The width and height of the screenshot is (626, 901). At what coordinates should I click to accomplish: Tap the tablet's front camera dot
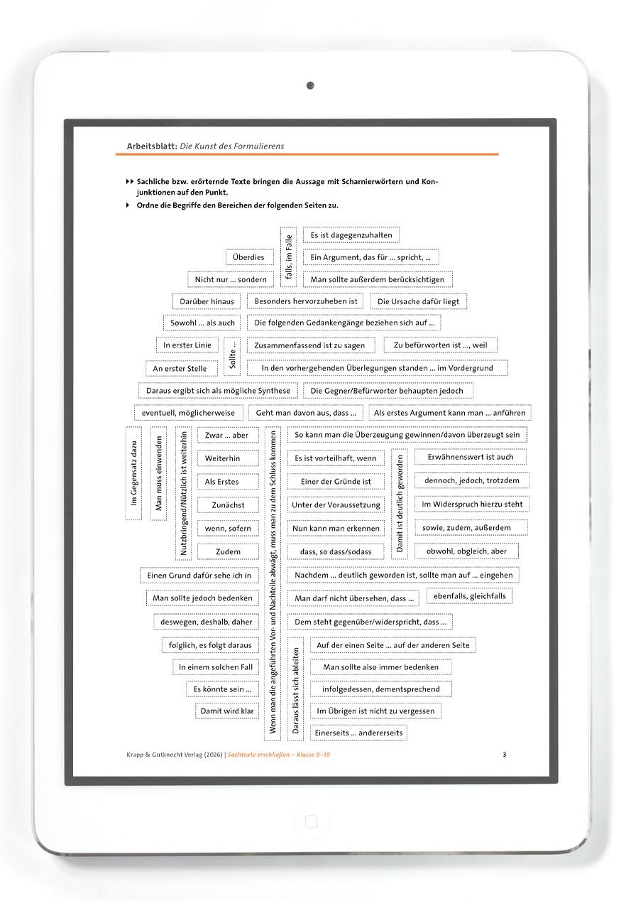coord(310,86)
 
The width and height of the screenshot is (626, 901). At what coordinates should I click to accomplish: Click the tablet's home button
coord(310,822)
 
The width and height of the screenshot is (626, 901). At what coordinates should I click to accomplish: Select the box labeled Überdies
coord(248,257)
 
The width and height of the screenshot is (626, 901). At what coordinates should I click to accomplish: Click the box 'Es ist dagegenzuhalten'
coord(351,235)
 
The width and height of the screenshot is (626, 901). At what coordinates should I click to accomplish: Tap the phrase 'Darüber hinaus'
coord(207,301)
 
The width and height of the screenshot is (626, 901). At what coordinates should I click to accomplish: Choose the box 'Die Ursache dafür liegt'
coord(418,301)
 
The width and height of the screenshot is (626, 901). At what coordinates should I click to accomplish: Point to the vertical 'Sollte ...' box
coord(233,356)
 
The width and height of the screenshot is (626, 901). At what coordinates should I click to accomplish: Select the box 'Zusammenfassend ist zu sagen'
coord(309,345)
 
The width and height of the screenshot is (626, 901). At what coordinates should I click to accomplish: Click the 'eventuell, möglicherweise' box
coord(188,413)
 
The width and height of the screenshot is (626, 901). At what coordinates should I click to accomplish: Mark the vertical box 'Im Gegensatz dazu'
coord(133,473)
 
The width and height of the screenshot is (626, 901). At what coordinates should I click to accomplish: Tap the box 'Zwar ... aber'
coord(227,436)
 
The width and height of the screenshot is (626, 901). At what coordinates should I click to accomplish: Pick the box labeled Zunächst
coord(228,505)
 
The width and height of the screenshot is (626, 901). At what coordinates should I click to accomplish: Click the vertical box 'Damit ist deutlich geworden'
coord(400,504)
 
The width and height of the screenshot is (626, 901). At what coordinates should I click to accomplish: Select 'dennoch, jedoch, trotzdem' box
coord(471,480)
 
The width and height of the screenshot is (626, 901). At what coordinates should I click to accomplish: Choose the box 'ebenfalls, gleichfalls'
coord(469,595)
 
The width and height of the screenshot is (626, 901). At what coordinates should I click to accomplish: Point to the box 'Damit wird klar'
coord(227,711)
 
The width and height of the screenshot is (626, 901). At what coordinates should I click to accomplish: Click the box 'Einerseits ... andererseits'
coord(358,733)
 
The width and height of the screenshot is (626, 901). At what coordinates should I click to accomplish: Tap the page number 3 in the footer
coord(504,755)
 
